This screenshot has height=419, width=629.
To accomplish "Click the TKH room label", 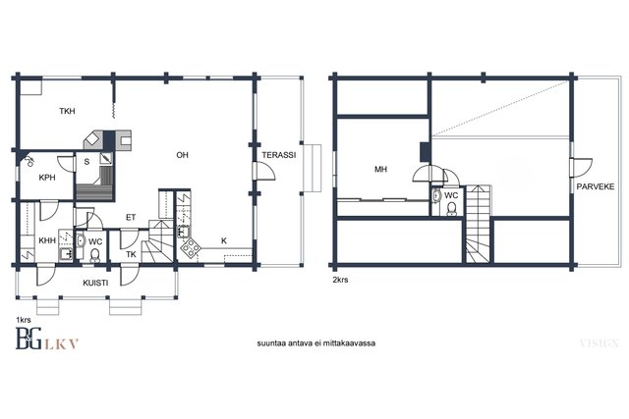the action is (67, 111).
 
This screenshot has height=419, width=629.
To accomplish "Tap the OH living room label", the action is (182, 155).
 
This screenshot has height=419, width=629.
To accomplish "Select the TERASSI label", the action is (279, 155).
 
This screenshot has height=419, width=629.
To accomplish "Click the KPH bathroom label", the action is (47, 178).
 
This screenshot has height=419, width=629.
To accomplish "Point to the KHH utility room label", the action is (47, 240).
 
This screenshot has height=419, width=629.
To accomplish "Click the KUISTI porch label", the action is (95, 283).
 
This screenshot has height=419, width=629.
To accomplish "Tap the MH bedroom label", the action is (380, 170).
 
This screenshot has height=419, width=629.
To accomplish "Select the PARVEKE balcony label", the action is (596, 186).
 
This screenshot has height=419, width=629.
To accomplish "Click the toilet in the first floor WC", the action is (95, 255).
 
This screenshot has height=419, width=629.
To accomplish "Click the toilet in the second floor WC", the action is (452, 209).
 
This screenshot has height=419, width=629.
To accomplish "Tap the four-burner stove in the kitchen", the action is (190, 248).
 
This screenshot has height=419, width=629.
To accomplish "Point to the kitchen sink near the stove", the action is (184, 232).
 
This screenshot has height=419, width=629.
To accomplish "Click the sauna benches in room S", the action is (95, 184).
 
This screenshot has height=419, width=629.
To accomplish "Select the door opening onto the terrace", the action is (264, 172).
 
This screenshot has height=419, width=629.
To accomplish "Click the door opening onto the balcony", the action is (582, 168).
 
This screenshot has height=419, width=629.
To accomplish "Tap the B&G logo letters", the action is (29, 339).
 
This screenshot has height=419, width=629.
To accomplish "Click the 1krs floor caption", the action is (24, 320).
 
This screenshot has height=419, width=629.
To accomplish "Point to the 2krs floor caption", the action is (340, 280).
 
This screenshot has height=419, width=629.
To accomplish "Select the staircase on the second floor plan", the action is (479, 225).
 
